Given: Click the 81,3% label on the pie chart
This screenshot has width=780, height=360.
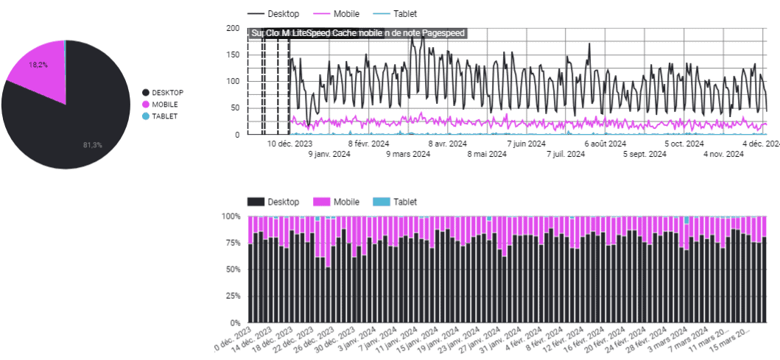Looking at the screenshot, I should pyautogui.click(x=92, y=145).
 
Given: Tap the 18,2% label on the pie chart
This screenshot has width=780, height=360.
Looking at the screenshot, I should pyautogui.click(x=38, y=65).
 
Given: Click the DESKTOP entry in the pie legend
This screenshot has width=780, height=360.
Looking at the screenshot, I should pyautogui.click(x=167, y=93).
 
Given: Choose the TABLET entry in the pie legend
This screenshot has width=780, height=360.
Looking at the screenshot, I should pyautogui.click(x=165, y=116).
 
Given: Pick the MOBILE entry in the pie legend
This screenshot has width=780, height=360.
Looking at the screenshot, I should pyautogui.click(x=165, y=105).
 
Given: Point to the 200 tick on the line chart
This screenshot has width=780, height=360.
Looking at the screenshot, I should pyautogui.click(x=233, y=29).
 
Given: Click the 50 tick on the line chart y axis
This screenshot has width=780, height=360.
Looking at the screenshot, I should pyautogui.click(x=235, y=108).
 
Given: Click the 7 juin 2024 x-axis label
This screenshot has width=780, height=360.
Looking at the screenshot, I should pyautogui.click(x=526, y=144).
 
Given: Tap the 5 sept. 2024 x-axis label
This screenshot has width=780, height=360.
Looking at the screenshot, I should pyautogui.click(x=644, y=155).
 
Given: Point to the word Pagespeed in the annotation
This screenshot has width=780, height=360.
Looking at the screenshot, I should pyautogui.click(x=444, y=33).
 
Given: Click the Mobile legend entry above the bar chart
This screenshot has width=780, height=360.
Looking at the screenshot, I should pyautogui.click(x=346, y=202).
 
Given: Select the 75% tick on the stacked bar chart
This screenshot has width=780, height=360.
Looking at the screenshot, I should pyautogui.click(x=232, y=243).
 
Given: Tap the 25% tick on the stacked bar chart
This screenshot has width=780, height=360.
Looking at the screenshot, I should pyautogui.click(x=232, y=296).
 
